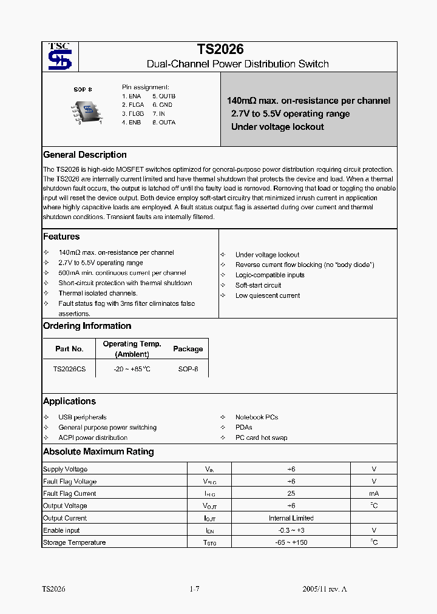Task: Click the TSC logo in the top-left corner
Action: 59,56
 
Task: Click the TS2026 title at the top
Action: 220,50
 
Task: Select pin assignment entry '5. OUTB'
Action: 164,96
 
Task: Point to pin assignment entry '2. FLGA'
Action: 133,105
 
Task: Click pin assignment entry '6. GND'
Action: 162,105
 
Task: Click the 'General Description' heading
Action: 85,155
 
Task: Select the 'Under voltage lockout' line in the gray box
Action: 277,127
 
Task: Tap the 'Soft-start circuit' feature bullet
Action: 258,285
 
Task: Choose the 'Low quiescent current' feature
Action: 268,295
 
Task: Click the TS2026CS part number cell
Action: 69,369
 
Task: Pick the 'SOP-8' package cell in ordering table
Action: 188,369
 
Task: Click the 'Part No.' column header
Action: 69,349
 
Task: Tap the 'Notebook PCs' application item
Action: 257,417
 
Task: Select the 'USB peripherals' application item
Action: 83,417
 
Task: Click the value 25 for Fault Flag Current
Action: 291,494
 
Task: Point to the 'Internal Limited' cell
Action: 291,518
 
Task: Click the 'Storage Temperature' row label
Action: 75,542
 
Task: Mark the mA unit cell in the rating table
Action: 374,494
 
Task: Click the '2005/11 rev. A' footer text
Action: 325,589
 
